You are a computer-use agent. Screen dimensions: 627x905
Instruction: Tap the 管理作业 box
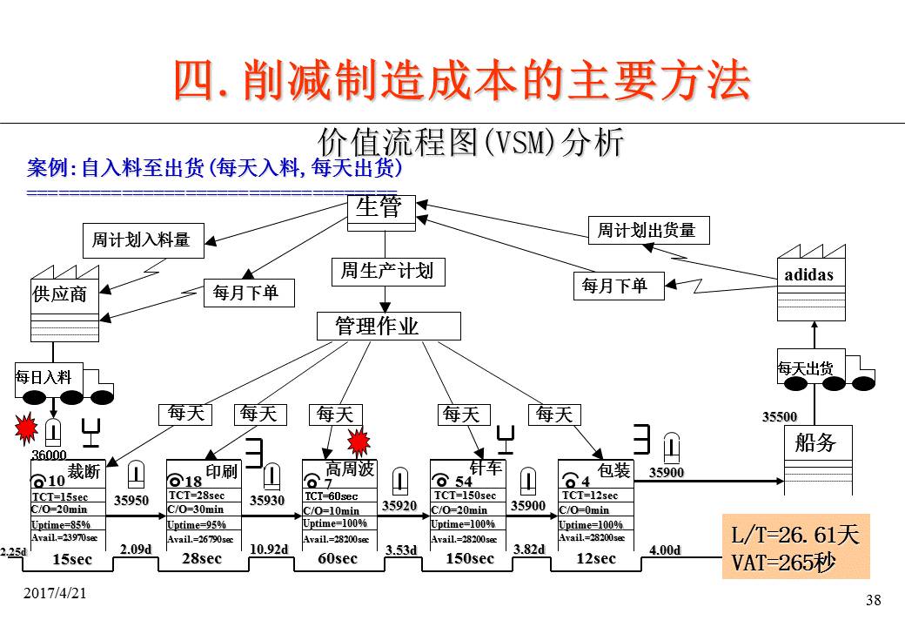point(387,326)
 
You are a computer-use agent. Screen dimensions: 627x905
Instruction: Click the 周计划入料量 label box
point(140,239)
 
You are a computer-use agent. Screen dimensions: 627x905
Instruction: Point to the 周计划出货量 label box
point(647,230)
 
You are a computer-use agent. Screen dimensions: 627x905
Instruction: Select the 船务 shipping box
point(817,458)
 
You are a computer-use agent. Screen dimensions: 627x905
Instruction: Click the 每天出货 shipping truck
point(823,371)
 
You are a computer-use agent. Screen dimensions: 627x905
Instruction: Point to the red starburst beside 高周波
point(359,442)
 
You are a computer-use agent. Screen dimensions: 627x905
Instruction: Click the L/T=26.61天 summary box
point(795,547)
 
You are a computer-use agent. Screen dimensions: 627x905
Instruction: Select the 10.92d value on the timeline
point(268,549)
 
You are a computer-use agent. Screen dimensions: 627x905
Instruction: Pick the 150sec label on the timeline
point(470,558)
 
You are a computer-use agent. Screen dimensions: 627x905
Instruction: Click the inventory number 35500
point(780,417)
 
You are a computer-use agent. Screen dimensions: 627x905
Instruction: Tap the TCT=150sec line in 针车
point(466,496)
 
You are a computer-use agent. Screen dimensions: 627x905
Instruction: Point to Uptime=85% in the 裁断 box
point(61,524)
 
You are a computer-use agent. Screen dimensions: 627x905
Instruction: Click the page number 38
point(874,600)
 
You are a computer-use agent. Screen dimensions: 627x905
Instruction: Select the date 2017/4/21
point(55,593)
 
